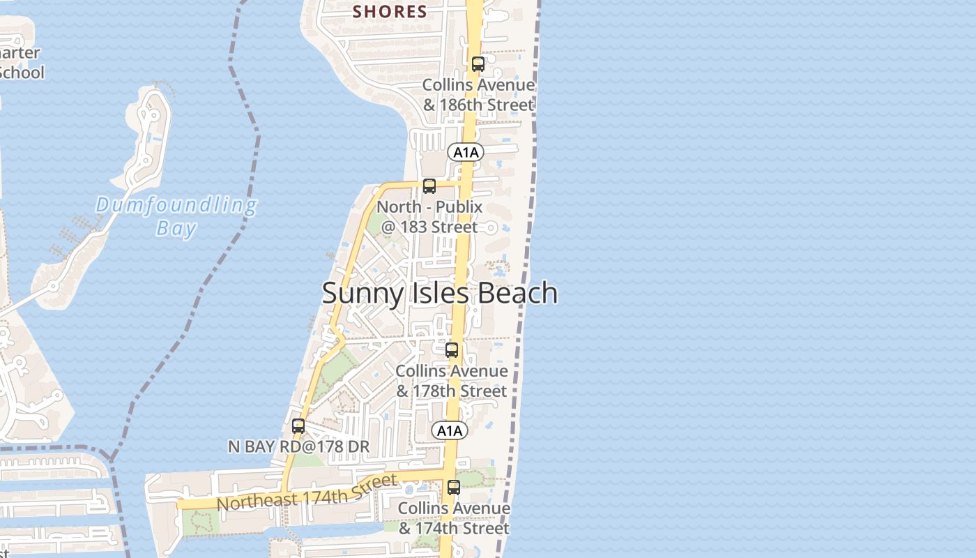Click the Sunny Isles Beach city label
(x=439, y=294)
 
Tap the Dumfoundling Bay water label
(x=176, y=216)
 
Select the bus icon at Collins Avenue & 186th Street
(x=478, y=64)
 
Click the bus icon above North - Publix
(x=429, y=186)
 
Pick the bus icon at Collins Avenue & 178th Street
(x=452, y=350)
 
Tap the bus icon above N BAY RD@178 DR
(x=298, y=426)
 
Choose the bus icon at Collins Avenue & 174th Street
(x=454, y=488)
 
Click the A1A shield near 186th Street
(x=466, y=152)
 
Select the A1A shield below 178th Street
(x=449, y=431)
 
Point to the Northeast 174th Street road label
(x=307, y=492)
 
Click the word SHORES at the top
(x=390, y=11)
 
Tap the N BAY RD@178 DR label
(x=298, y=446)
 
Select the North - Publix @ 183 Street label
(x=429, y=217)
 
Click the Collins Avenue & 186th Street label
(x=479, y=95)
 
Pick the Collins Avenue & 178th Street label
(x=452, y=381)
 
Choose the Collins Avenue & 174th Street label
(x=454, y=518)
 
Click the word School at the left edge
(x=21, y=73)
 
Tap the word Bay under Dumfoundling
(x=176, y=228)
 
